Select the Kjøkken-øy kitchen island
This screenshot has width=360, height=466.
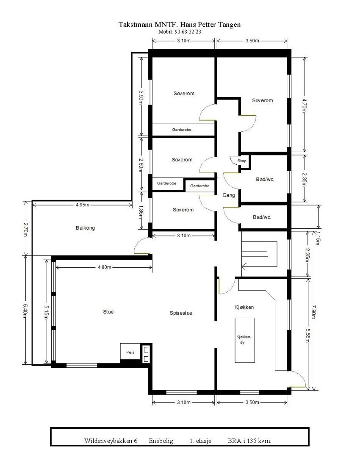(x=245, y=340)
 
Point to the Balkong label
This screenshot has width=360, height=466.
(x=85, y=227)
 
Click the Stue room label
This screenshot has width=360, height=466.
(x=108, y=312)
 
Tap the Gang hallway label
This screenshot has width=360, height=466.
(x=229, y=195)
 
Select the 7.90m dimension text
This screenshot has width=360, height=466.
(x=313, y=312)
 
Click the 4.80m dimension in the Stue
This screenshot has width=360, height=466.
(x=104, y=267)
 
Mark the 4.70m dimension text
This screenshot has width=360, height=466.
(x=305, y=103)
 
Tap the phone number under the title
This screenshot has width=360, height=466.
(x=180, y=32)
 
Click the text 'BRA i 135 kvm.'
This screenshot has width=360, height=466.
(x=249, y=441)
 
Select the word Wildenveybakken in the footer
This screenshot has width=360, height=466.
(x=108, y=441)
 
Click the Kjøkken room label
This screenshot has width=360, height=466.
(x=244, y=307)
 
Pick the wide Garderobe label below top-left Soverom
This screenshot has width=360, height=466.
(x=181, y=130)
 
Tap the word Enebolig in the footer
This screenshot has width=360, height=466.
(x=161, y=441)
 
